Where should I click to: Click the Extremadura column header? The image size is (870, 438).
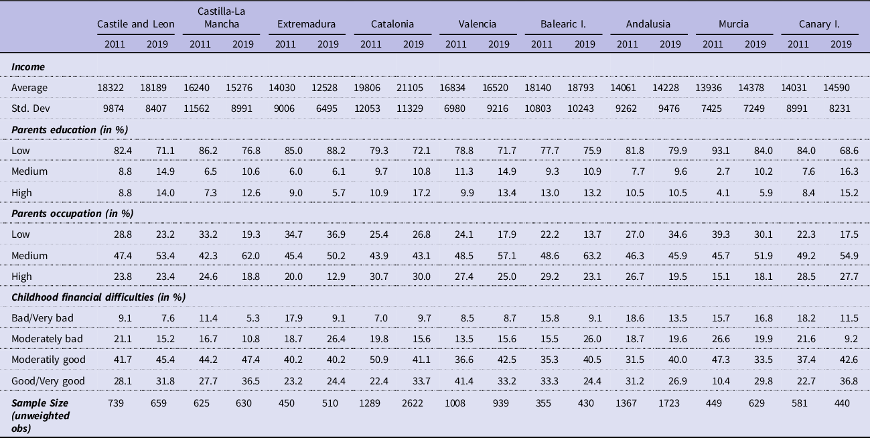[x=307, y=24]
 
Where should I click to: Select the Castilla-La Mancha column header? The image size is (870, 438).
[x=222, y=18]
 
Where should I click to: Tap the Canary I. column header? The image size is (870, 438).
[x=819, y=24]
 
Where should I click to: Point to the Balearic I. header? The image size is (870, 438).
[x=564, y=24]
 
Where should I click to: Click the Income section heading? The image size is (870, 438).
[x=27, y=67]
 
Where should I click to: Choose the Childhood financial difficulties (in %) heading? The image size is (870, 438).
[x=98, y=297]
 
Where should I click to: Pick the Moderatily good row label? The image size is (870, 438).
[x=48, y=359]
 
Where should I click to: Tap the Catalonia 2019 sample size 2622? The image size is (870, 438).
[x=411, y=403]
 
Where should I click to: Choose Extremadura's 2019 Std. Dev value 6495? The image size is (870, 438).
[x=328, y=108]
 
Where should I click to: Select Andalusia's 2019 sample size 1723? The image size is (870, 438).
[x=667, y=403]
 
